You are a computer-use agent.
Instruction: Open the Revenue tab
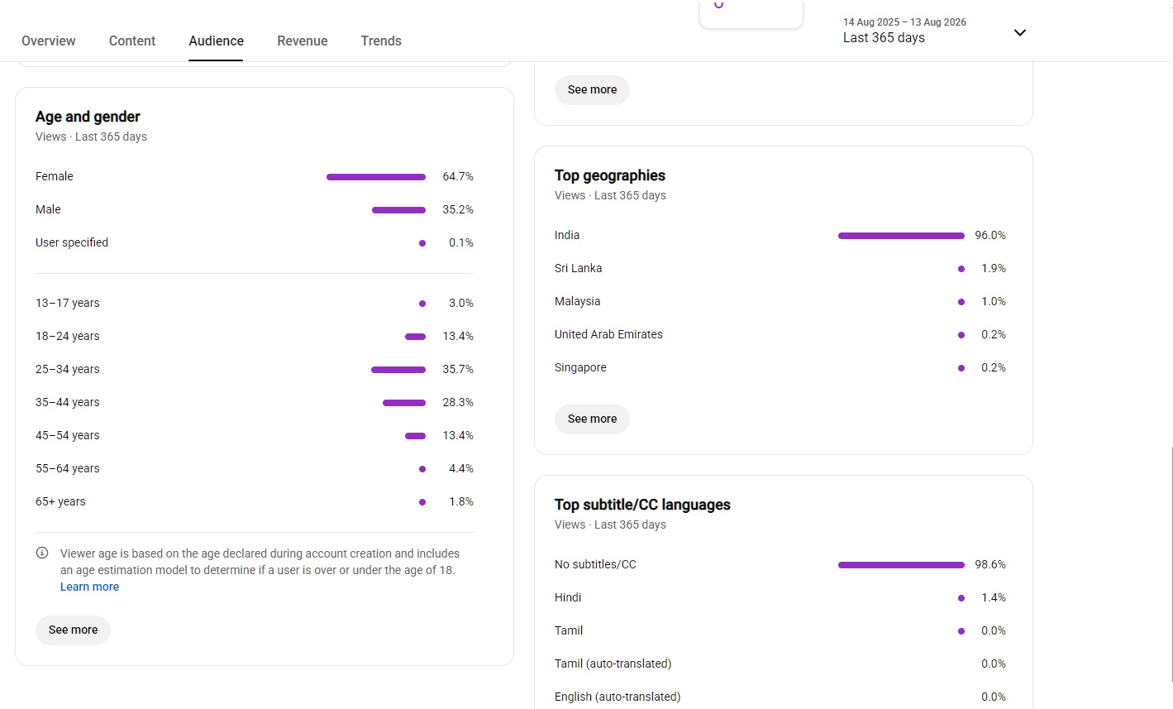point(303,41)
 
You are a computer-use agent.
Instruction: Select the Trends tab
point(381,41)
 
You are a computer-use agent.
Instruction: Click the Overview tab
point(48,41)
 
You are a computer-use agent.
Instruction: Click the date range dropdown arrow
point(1019,32)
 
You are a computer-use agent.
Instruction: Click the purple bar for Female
point(376,177)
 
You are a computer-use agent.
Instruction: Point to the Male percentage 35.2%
point(458,209)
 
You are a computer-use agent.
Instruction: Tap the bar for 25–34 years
point(398,370)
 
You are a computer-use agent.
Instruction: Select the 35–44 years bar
point(403,403)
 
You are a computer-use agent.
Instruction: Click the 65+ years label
point(60,501)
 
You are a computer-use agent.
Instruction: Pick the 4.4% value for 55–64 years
point(460,468)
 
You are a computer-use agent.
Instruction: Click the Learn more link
point(89,587)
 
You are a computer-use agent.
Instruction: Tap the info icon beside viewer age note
point(42,553)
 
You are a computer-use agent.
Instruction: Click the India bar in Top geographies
point(901,236)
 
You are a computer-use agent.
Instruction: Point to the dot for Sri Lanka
point(961,269)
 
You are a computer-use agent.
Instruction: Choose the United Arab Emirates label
point(608,334)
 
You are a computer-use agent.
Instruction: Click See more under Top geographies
point(592,419)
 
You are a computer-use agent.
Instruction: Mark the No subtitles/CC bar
point(901,565)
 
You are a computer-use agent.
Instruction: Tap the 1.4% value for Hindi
point(994,597)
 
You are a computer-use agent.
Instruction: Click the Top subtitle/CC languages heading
point(642,505)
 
